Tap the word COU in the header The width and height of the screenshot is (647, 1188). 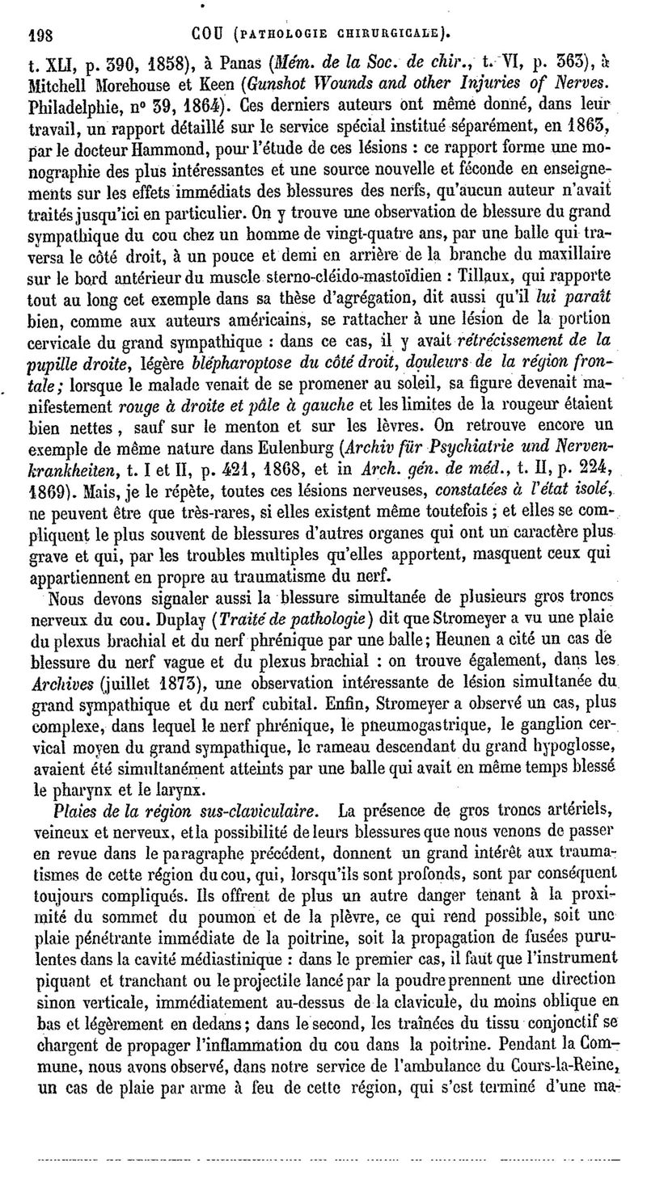point(209,35)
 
